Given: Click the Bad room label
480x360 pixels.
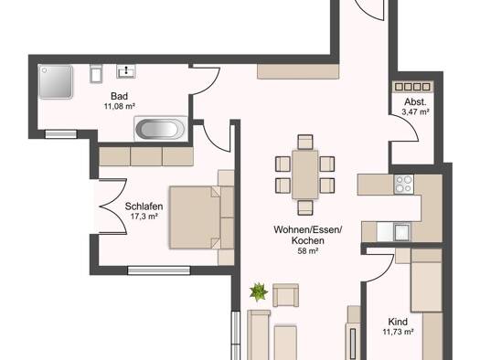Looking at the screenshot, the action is (119, 96).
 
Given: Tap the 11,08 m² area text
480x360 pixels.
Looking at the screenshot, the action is (120, 106).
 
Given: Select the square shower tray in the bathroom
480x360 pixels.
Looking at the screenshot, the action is (56, 81).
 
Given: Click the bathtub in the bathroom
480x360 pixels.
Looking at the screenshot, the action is (161, 129).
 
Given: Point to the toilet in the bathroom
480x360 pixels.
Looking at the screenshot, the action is (96, 73).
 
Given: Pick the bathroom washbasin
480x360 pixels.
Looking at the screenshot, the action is (126, 71).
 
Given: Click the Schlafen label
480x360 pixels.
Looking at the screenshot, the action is (144, 206).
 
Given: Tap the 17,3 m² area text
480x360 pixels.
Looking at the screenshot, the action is (144, 217).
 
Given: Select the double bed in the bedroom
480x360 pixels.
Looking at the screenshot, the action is (202, 217).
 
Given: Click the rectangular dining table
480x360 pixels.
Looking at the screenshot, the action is (305, 175).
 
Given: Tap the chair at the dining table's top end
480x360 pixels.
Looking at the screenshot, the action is (305, 142).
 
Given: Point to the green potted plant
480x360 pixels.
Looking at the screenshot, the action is (259, 291).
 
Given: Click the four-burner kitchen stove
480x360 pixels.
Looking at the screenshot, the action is (404, 185).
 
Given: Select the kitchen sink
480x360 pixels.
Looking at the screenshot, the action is (401, 232).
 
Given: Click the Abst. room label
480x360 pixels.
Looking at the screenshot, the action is (415, 101).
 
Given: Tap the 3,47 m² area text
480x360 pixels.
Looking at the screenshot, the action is (415, 112).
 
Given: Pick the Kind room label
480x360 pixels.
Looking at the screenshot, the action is (398, 322).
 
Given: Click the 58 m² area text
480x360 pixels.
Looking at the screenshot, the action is (307, 251).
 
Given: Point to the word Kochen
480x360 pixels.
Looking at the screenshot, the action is (307, 240).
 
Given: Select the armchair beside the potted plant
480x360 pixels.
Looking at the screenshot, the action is (285, 295).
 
